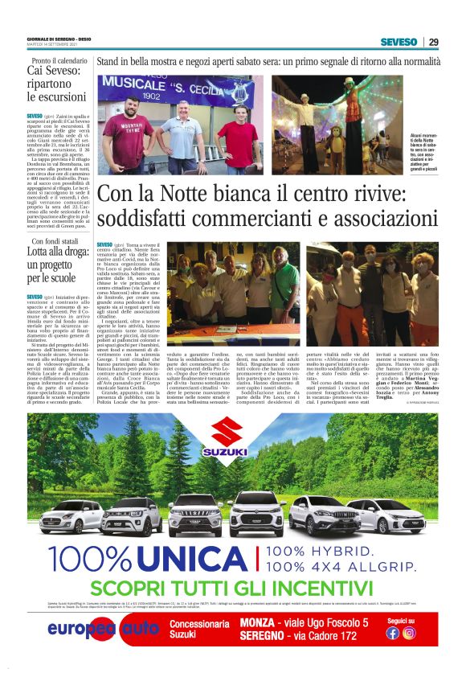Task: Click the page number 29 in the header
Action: click(x=433, y=42)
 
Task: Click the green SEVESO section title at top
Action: click(x=399, y=42)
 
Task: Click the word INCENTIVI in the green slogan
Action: click(x=325, y=588)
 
